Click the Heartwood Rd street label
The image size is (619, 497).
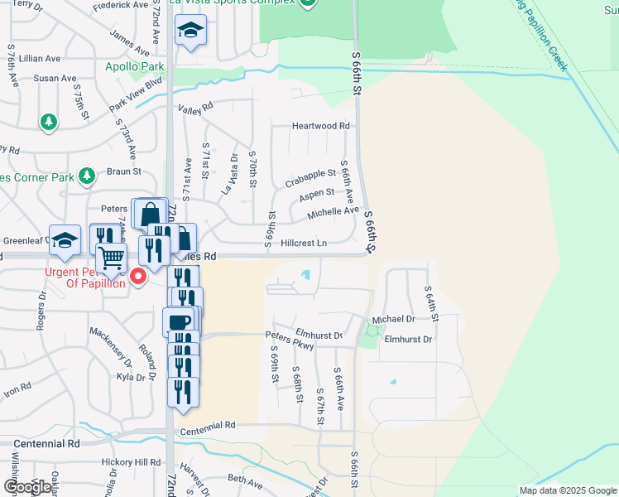tap(321, 126)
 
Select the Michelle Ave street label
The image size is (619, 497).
tap(333, 211)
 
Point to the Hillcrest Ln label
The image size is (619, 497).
tap(304, 244)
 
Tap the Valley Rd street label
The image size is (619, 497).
tap(195, 106)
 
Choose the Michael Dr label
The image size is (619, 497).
tap(393, 319)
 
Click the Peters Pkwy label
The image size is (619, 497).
tap(290, 338)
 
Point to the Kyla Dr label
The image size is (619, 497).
tap(131, 377)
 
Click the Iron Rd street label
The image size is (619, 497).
tap(17, 388)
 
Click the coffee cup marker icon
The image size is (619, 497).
tap(179, 321)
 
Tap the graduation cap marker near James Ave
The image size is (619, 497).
tap(190, 31)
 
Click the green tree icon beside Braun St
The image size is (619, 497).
tap(85, 176)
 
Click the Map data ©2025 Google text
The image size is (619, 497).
tap(567, 490)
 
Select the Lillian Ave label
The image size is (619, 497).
tap(41, 59)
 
